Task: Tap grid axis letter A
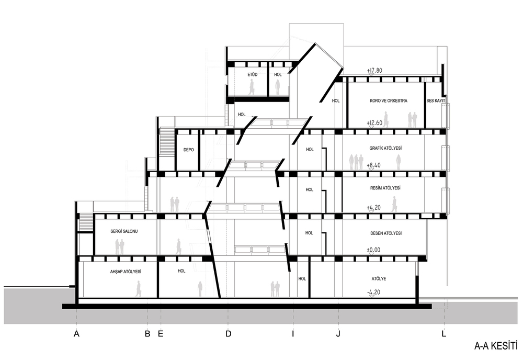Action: [x=76, y=334]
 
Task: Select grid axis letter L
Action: [x=444, y=334]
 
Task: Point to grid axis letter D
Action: [x=228, y=334]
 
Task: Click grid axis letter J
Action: [x=338, y=334]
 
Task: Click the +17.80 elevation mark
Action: [x=374, y=71]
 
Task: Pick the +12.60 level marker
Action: [x=374, y=123]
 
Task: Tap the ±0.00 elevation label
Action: [x=373, y=250]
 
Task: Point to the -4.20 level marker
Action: [x=373, y=292]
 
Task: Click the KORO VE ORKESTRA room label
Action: [x=388, y=101]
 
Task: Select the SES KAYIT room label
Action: [x=436, y=101]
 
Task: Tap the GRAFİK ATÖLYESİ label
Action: [x=385, y=148]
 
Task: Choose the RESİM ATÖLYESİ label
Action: [x=385, y=188]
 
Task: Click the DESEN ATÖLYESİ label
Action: [x=386, y=233]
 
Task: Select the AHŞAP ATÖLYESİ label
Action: [x=126, y=272]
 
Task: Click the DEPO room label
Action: [x=188, y=150]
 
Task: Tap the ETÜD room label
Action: [x=253, y=75]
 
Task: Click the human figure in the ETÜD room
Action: [x=252, y=87]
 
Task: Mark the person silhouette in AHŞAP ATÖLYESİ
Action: [x=138, y=289]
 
